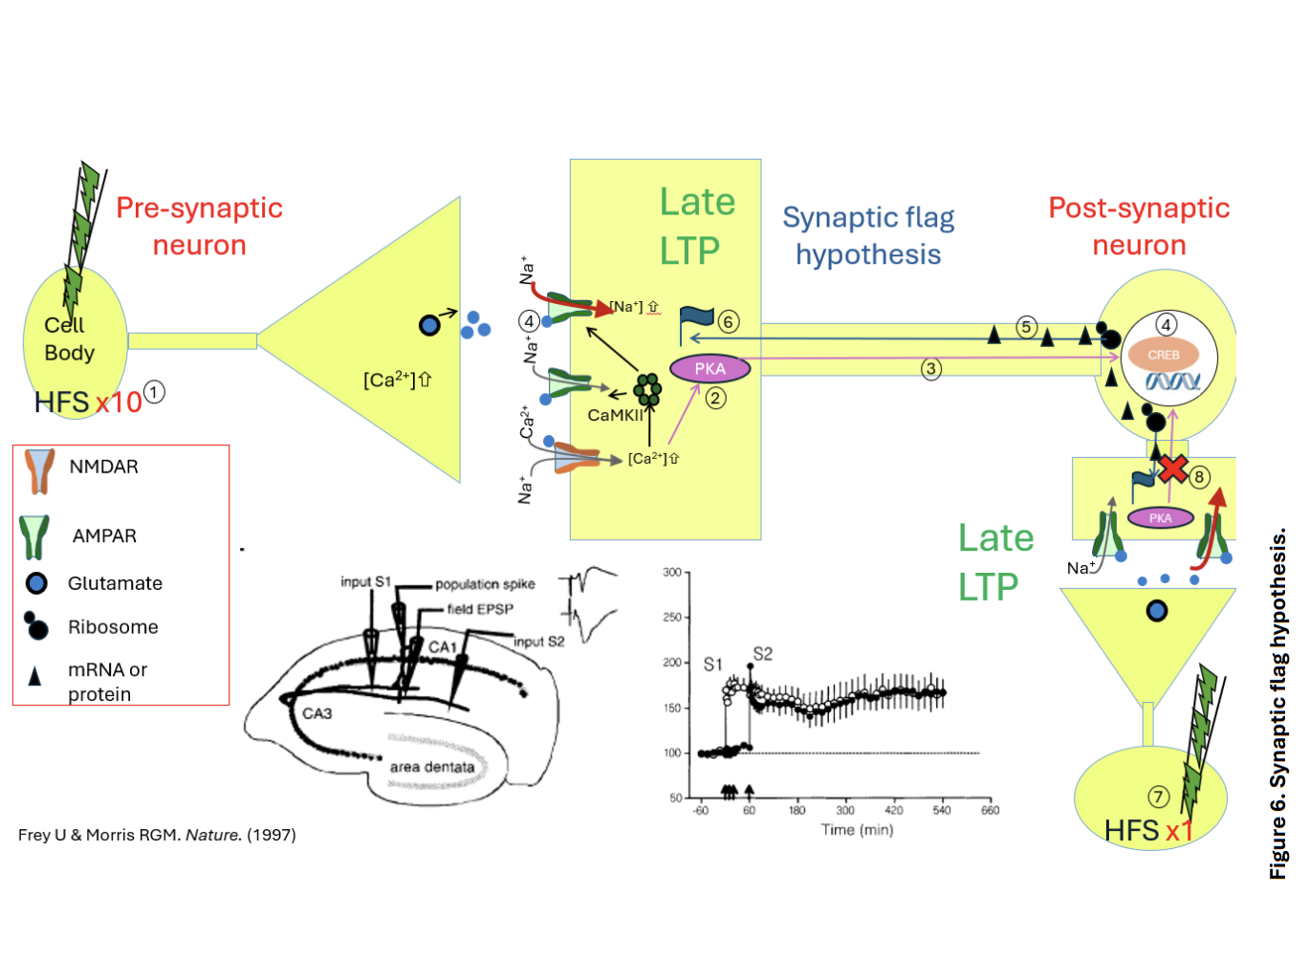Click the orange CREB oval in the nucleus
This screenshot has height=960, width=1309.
(x=1163, y=355)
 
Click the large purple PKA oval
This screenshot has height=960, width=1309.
(x=709, y=368)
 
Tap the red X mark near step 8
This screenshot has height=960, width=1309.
(x=1173, y=469)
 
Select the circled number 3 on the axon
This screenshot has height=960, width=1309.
(x=930, y=368)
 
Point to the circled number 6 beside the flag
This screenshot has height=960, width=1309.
(x=729, y=321)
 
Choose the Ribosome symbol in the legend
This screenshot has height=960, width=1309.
(x=35, y=626)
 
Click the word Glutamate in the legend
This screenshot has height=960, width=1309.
(x=115, y=583)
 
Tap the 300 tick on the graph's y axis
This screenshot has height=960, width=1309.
(x=673, y=573)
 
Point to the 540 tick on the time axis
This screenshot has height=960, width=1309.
(x=942, y=810)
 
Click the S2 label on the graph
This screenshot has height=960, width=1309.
(x=762, y=654)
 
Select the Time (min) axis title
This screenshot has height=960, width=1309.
(x=857, y=830)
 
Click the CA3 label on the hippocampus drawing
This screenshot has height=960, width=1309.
(x=316, y=713)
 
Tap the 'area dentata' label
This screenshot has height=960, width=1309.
(x=432, y=767)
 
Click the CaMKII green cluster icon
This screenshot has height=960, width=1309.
(x=647, y=388)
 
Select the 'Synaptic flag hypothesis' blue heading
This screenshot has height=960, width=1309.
(x=868, y=236)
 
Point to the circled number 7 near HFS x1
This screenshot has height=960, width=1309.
(x=1158, y=796)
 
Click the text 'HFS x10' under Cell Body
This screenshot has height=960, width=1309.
(x=88, y=403)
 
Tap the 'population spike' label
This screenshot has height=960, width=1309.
(x=485, y=584)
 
